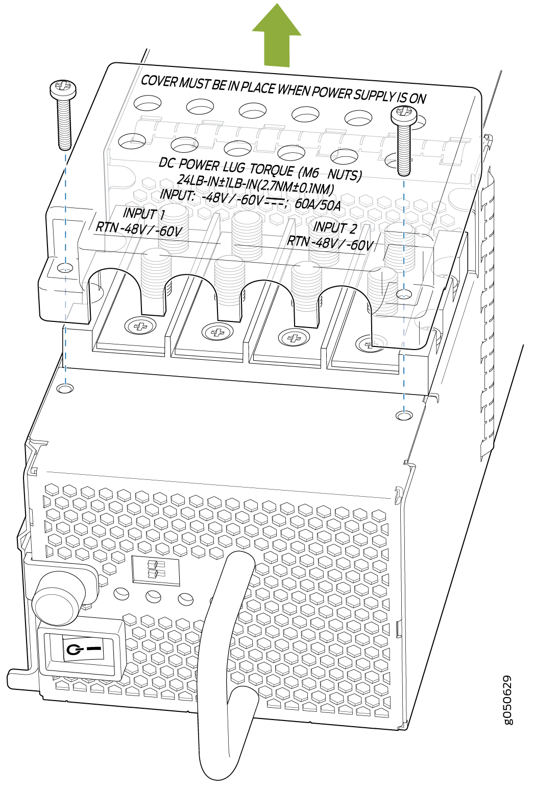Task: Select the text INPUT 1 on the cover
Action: pos(144,214)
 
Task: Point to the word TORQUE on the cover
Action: pos(272,170)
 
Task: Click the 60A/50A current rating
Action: pos(318,204)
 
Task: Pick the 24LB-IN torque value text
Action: pos(196,180)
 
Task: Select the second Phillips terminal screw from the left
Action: pos(217,332)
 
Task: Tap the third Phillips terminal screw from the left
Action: pos(294,338)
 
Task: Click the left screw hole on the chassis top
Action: pos(65,388)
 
